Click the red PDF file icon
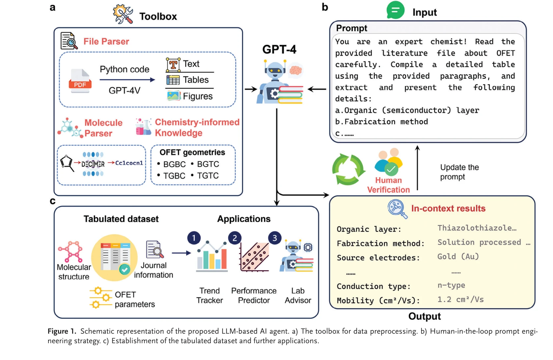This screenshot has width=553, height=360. (x=80, y=81)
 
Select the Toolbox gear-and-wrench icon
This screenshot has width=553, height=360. (x=123, y=14)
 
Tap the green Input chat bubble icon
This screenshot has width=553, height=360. (x=395, y=10)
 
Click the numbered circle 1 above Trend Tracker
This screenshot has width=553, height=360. (x=194, y=238)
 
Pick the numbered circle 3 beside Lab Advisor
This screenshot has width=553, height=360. (x=275, y=238)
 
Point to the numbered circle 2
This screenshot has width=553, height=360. (x=235, y=238)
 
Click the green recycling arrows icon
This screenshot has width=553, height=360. (x=348, y=169)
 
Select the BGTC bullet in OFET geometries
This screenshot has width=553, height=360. (x=208, y=164)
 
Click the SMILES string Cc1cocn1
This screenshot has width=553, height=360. (x=129, y=163)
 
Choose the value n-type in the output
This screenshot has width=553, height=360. (x=451, y=285)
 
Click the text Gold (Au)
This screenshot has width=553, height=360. (x=458, y=257)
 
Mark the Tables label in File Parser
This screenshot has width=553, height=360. (x=196, y=80)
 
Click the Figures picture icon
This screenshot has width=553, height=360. (x=173, y=96)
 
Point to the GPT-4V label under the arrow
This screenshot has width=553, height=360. (x=124, y=90)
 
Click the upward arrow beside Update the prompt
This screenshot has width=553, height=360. (x=417, y=168)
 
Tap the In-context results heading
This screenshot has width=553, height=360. (x=448, y=208)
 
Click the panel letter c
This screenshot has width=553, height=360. (x=52, y=201)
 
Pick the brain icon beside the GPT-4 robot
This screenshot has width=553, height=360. (x=295, y=70)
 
